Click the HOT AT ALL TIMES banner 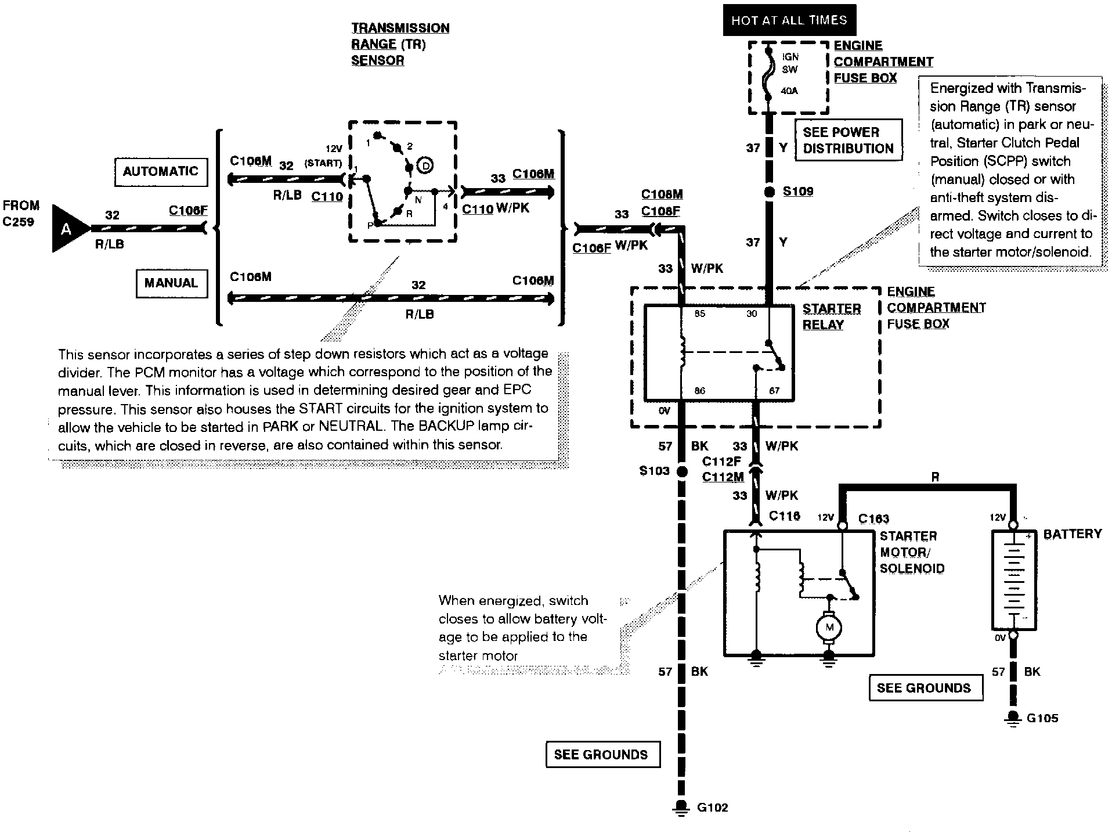click(789, 20)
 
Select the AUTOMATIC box click(161, 172)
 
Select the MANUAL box click(171, 283)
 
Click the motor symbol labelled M click(829, 627)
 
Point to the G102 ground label click(712, 808)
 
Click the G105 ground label click(1042, 718)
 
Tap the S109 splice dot click(770, 192)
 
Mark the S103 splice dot click(682, 471)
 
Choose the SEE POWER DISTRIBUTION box click(849, 140)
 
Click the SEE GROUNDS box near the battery click(926, 688)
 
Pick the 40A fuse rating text click(789, 91)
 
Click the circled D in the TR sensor click(425, 166)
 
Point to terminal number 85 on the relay click(700, 313)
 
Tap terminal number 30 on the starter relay click(752, 313)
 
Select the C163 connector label click(873, 518)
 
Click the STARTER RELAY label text click(832, 316)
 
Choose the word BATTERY click(1073, 534)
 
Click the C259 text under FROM click(19, 222)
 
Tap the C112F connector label click(722, 462)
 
